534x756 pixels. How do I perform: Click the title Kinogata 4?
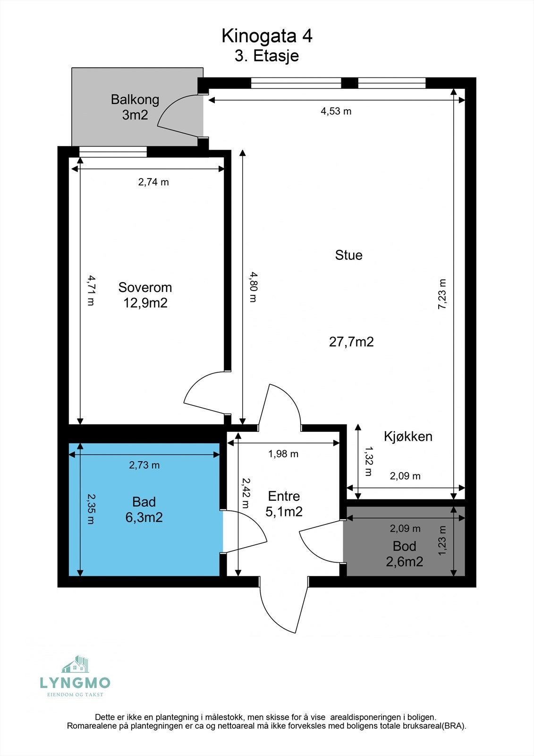(x=267, y=36)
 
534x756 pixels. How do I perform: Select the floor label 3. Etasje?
(x=267, y=56)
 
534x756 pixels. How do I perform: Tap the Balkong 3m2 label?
(x=135, y=107)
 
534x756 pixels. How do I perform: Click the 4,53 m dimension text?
(x=336, y=112)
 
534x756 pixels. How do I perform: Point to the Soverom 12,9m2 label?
(x=145, y=295)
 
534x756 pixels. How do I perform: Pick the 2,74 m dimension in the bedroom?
(x=153, y=182)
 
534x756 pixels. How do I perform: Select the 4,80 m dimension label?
(x=254, y=287)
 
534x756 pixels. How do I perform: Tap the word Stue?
(x=348, y=255)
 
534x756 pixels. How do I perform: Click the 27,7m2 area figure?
(x=351, y=342)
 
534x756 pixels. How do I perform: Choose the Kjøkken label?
(x=408, y=436)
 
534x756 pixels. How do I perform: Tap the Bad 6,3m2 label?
(x=144, y=509)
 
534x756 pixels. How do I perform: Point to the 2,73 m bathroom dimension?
(x=144, y=465)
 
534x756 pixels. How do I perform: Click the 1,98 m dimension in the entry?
(x=283, y=454)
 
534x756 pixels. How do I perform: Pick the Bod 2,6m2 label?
(x=404, y=554)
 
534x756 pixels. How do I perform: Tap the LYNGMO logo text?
(x=75, y=683)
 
